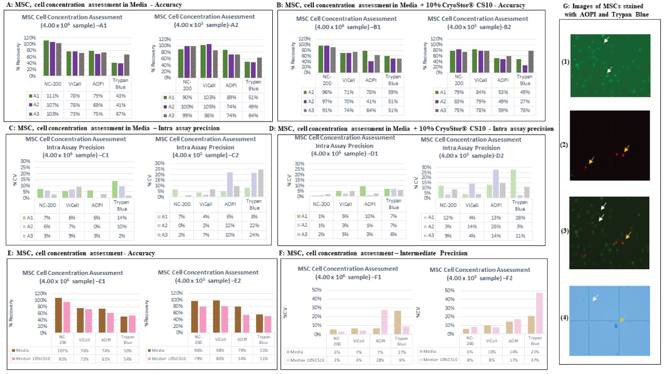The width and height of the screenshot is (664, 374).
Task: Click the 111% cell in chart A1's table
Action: [52, 96]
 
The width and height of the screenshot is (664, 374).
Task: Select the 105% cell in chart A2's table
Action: [209, 107]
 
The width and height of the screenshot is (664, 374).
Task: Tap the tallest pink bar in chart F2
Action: [539, 313]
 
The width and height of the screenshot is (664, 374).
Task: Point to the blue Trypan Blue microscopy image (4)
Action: [610, 321]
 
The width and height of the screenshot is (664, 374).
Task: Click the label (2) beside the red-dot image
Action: [564, 145]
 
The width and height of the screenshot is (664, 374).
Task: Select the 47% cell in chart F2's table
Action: [535, 360]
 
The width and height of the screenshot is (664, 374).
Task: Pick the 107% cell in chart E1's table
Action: [62, 351]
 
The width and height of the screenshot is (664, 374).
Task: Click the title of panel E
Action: [81, 253]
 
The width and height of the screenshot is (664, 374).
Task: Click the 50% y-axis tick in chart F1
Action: [317, 290]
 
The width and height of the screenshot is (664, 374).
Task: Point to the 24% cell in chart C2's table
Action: [254, 235]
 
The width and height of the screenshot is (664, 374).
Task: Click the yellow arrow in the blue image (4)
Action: [622, 319]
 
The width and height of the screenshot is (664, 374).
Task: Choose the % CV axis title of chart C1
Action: [15, 179]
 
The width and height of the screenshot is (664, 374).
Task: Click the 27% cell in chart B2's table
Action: [525, 102]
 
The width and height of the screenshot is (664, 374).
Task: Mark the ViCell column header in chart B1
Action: [348, 80]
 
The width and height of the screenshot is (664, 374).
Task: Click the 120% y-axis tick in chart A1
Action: [30, 38]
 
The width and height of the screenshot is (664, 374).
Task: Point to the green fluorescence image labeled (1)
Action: [610, 65]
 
